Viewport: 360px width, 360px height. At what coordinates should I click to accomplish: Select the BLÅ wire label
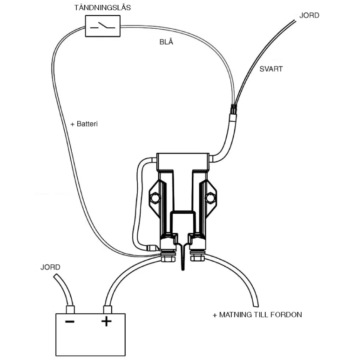[x=166, y=42]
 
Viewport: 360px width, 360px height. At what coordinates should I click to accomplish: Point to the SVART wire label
[x=271, y=69]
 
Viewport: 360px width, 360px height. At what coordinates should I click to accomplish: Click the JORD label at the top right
[x=309, y=15]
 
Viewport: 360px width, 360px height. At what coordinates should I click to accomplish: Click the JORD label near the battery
[x=50, y=267]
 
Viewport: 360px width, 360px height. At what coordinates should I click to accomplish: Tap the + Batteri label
[x=84, y=124]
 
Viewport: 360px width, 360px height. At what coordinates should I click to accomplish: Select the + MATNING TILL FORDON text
[x=257, y=315]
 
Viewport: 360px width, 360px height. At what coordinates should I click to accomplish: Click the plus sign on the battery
[x=106, y=321]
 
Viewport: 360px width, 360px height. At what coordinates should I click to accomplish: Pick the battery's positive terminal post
[x=106, y=309]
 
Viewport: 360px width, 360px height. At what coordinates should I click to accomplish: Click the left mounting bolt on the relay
[x=155, y=198]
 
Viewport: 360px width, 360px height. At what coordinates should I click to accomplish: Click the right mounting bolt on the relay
[x=210, y=198]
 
